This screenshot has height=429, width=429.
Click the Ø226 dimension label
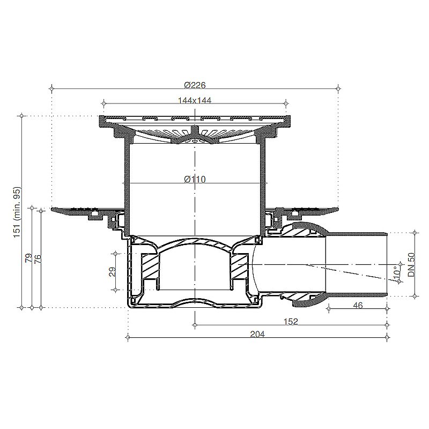click(195, 85)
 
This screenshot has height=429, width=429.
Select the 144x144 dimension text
click(195, 100)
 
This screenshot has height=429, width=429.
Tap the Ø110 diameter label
click(195, 180)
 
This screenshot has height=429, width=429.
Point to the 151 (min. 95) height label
click(17, 212)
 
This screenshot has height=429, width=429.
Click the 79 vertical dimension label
click(29, 258)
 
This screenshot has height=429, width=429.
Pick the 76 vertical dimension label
click(38, 258)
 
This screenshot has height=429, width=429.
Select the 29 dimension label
click(113, 272)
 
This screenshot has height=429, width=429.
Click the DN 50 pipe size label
click(411, 264)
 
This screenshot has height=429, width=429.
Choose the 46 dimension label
click(358, 305)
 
